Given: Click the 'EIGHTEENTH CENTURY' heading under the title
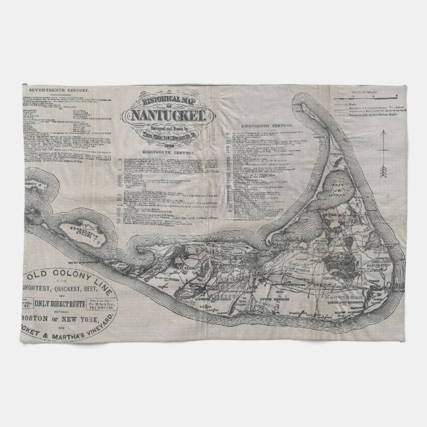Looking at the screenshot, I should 166,153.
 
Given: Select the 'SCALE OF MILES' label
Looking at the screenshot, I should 370,90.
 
